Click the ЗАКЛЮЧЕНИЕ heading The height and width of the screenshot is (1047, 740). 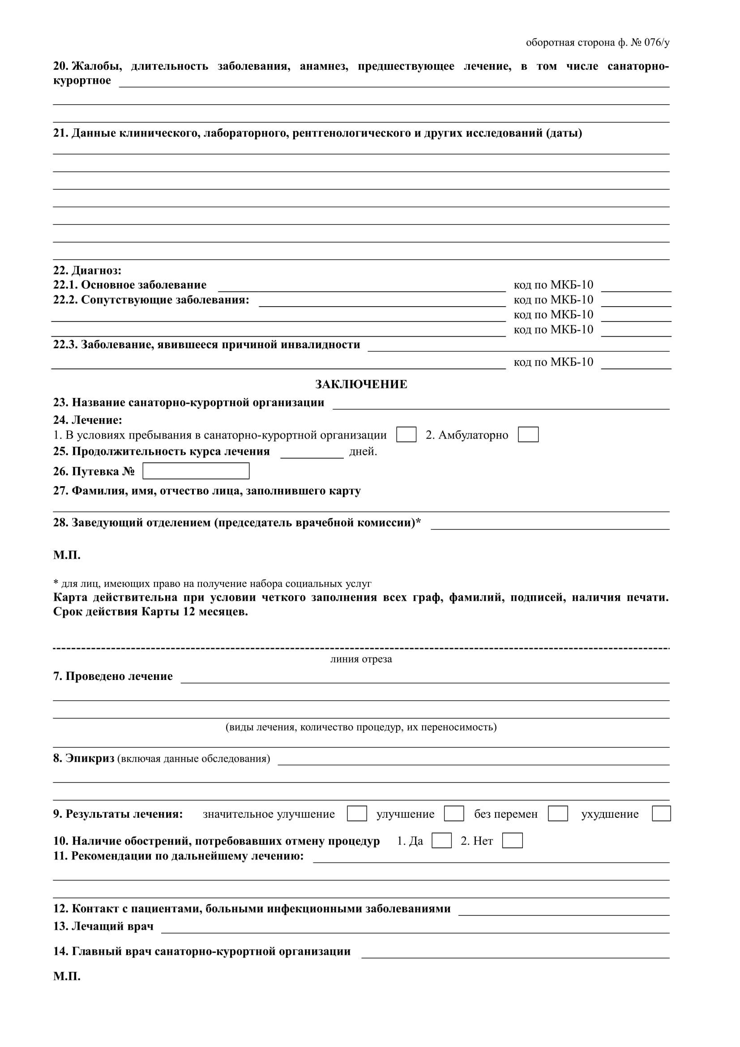click(361, 385)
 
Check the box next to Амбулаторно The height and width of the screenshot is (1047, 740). click(528, 435)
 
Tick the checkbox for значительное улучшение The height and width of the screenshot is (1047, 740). click(356, 813)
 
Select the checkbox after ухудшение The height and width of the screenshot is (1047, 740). click(661, 813)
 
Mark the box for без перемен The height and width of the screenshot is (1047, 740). click(558, 813)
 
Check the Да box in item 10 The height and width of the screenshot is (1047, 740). click(441, 841)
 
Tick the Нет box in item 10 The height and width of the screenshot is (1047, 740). click(512, 841)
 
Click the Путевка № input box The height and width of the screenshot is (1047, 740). click(196, 471)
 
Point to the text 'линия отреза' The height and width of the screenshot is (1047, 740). click(361, 659)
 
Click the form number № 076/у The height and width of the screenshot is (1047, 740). click(650, 43)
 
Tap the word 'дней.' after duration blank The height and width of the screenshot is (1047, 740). click(363, 452)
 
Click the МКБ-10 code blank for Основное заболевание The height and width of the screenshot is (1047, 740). click(636, 286)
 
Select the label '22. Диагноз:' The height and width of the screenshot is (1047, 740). click(87, 270)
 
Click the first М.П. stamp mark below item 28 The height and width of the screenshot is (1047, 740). click(67, 555)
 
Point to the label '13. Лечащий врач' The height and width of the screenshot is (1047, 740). click(103, 926)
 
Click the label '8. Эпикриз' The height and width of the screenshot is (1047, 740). click(83, 758)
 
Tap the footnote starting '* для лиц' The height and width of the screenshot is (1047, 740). click(213, 584)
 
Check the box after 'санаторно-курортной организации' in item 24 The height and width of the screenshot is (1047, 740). click(406, 435)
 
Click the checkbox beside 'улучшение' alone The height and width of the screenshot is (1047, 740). click(453, 813)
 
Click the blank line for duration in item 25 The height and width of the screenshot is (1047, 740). click(312, 453)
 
